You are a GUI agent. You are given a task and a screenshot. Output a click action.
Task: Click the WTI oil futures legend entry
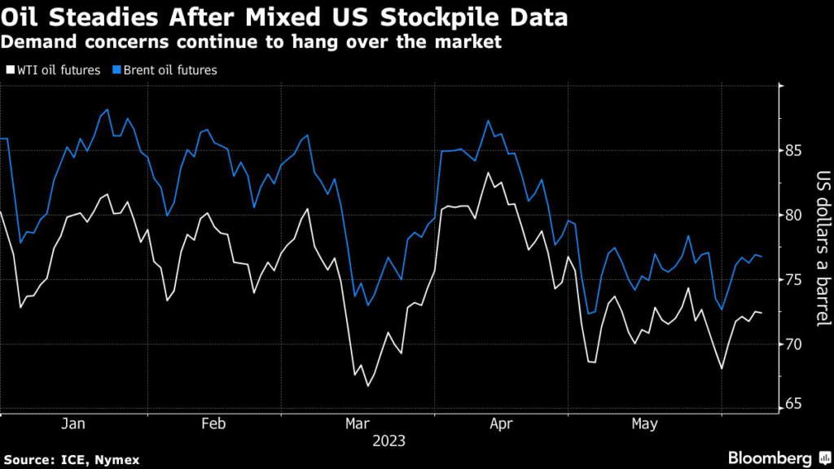57,70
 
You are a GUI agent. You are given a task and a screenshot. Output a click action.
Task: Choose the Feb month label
213,424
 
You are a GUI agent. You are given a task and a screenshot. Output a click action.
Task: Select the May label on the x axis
645,424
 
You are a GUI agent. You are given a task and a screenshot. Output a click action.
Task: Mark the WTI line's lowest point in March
367,385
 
